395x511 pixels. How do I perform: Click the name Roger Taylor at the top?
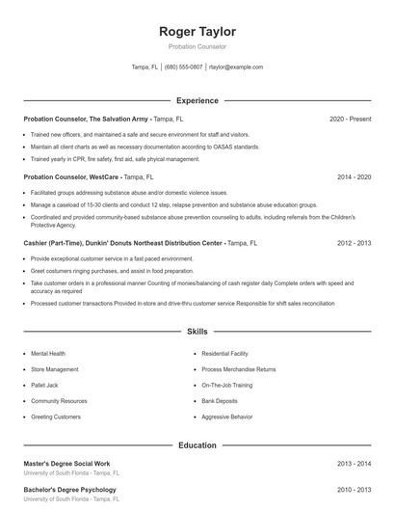point(197,32)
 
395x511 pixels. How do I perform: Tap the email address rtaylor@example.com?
point(236,67)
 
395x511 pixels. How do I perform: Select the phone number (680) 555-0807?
point(183,67)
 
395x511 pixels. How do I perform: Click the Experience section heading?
point(197,100)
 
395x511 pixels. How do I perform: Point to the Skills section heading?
point(197,331)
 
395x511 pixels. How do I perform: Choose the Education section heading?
point(197,445)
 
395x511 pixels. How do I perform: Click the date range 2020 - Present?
point(350,119)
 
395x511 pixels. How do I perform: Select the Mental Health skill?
point(48,354)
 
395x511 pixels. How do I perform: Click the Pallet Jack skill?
point(44,385)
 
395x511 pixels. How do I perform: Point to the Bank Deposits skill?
point(221,400)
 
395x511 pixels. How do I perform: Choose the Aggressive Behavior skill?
point(227,417)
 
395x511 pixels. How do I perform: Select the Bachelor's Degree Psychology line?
point(69,490)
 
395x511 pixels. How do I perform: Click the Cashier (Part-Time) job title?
point(58,244)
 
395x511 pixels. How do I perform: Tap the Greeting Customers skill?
point(56,417)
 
